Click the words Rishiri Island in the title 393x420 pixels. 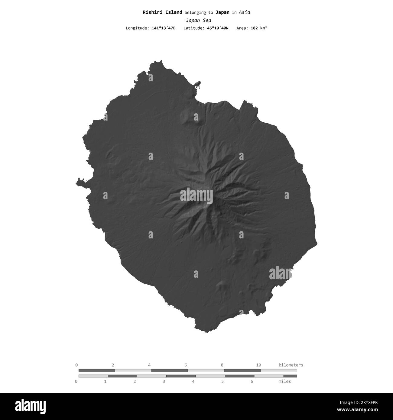click(162, 12)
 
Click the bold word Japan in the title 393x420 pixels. click(222, 12)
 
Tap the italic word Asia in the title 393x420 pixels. click(244, 12)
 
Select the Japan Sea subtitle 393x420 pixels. click(198, 21)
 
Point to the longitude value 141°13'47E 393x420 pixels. click(163, 28)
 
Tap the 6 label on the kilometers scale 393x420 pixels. click(186, 365)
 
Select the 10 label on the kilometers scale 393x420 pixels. click(258, 365)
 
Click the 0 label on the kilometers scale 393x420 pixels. click(76, 365)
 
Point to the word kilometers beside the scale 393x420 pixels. click(291, 365)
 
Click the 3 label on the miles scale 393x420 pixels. click(164, 382)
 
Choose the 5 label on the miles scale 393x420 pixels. click(222, 382)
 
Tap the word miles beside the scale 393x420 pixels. click(284, 382)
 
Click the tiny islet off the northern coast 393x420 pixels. click(198, 84)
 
